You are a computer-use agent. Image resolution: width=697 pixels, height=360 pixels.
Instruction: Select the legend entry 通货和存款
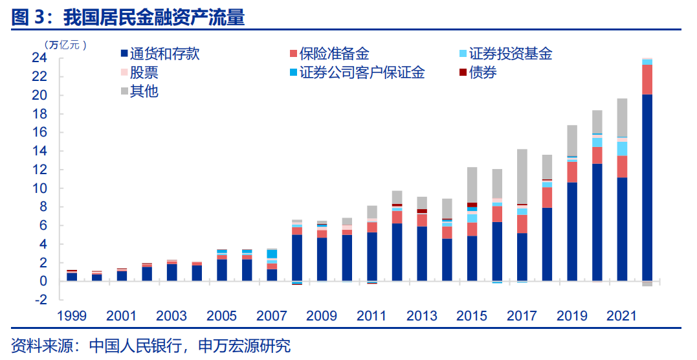pyautogui.click(x=164, y=54)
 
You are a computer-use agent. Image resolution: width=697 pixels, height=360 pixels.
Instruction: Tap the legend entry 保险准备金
pyautogui.click(x=334, y=54)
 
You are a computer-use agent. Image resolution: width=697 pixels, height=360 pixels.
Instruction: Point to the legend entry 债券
pyautogui.click(x=483, y=73)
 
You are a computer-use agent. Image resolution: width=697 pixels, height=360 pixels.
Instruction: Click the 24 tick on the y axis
pyautogui.click(x=39, y=58)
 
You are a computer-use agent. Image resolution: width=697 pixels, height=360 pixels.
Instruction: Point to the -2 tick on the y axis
pyautogui.click(x=39, y=300)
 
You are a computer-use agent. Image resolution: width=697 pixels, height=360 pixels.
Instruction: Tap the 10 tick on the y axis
pyautogui.click(x=39, y=188)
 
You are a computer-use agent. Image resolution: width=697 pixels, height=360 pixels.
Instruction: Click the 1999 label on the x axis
pyautogui.click(x=72, y=316)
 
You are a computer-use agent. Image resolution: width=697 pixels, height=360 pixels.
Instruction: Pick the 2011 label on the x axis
pyautogui.click(x=371, y=316)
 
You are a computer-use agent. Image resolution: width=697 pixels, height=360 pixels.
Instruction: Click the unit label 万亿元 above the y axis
pyautogui.click(x=65, y=44)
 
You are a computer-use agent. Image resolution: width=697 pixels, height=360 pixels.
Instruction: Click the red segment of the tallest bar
pyautogui.click(x=647, y=80)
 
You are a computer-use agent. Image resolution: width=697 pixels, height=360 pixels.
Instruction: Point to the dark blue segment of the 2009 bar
pyautogui.click(x=322, y=259)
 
